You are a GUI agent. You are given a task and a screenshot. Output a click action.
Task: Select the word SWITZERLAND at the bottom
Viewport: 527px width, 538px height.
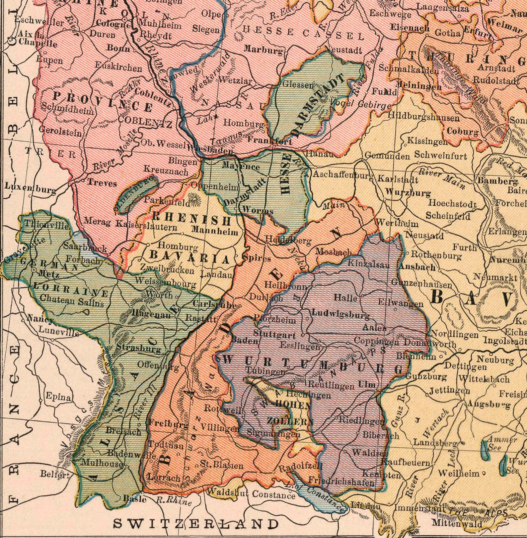coord(196,524)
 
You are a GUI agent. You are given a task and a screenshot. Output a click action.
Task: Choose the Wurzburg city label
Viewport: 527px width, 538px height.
coord(408,192)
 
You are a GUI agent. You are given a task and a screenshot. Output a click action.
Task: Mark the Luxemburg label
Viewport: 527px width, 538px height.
coord(30,188)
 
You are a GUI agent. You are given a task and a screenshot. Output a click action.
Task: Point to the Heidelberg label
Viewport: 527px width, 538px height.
coord(288,240)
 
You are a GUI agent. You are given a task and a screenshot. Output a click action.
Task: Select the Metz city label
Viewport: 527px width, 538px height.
coord(49,274)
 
